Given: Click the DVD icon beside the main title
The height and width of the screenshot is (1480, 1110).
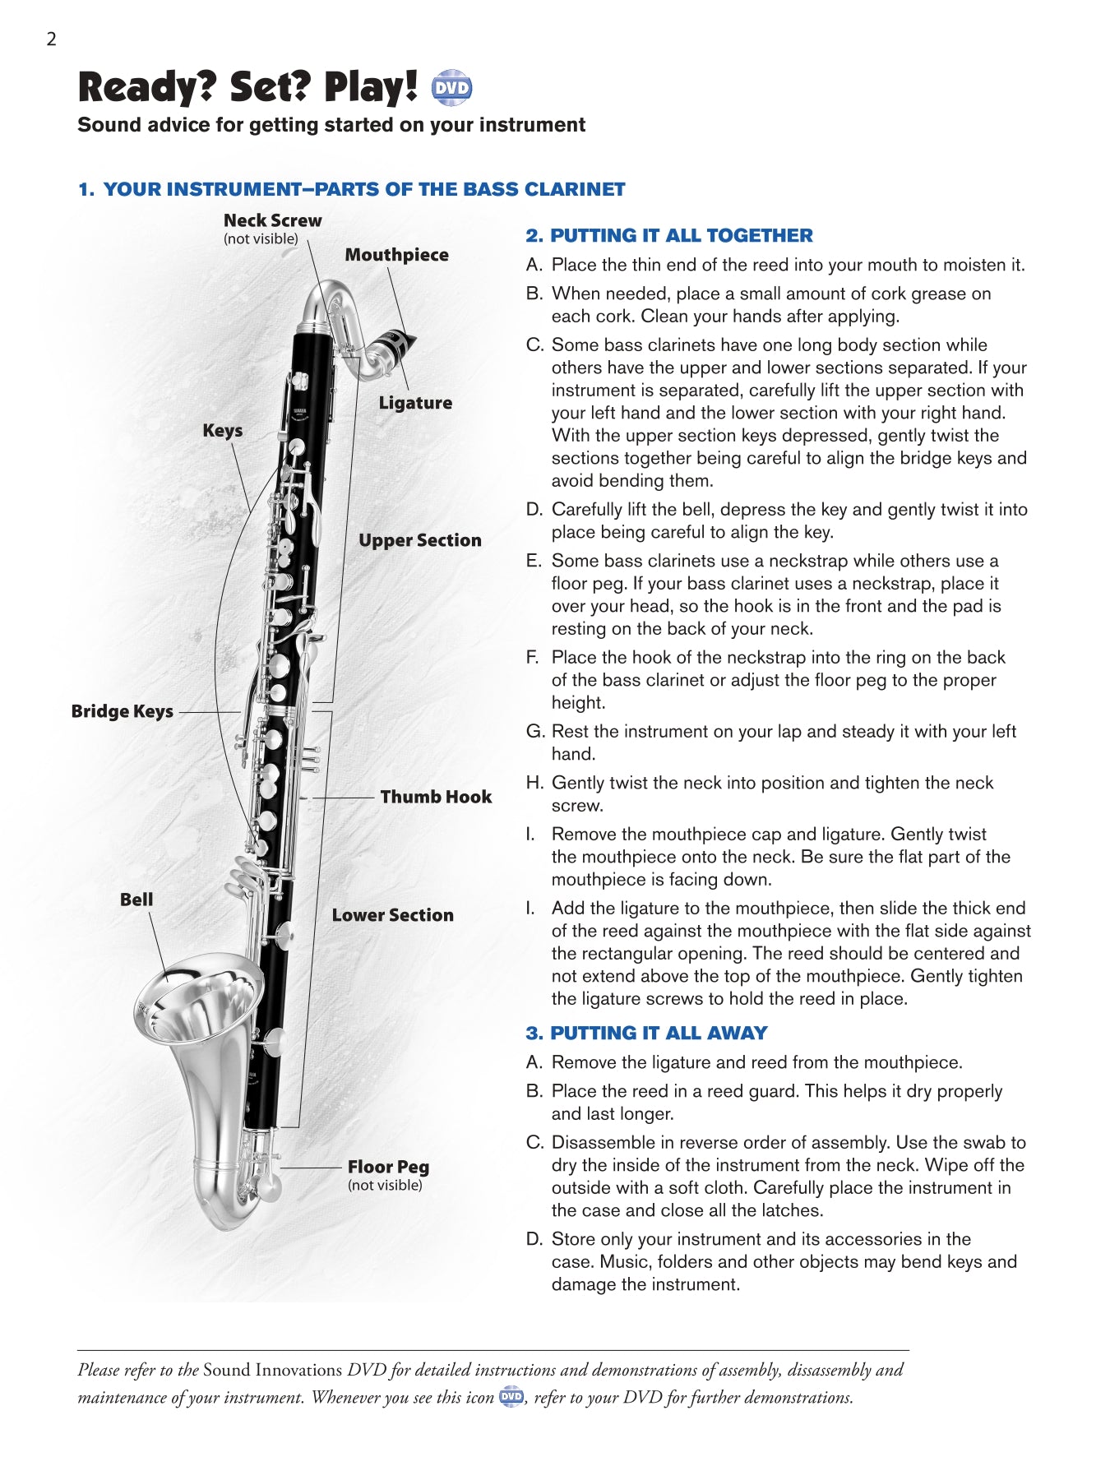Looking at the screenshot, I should pos(451,88).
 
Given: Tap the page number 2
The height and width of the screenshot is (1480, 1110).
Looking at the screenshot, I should pos(51,39).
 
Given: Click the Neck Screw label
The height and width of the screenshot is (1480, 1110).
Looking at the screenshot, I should pos(272,220).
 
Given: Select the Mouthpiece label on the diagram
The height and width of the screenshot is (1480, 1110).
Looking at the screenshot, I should pos(396,255).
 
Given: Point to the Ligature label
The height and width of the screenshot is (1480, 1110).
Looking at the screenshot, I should pos(415,403).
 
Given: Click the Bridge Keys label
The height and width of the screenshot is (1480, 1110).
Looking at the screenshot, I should pos(122,711).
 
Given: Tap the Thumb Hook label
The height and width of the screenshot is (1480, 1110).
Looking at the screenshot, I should pos(436,797).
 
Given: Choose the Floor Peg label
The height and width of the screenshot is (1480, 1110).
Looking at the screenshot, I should pos(388,1167).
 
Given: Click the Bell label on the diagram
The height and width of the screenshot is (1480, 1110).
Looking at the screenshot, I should pos(136,900).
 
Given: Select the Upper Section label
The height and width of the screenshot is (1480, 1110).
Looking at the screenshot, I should pos(419,540).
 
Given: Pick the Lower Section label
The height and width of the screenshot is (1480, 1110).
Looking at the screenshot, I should pos(392,915).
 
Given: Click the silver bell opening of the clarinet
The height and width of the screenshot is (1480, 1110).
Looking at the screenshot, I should pos(196,999).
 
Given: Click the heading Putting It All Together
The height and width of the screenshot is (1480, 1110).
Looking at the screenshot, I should pos(668,235).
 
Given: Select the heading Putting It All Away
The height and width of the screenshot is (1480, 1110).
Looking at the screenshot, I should pos(646,1033).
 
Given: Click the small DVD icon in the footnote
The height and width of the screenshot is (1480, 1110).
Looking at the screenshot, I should pos(511,1396).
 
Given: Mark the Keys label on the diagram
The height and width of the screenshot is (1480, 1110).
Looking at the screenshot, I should pos(222,431).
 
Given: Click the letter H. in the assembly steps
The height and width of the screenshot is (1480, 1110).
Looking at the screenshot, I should pos(534,783).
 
